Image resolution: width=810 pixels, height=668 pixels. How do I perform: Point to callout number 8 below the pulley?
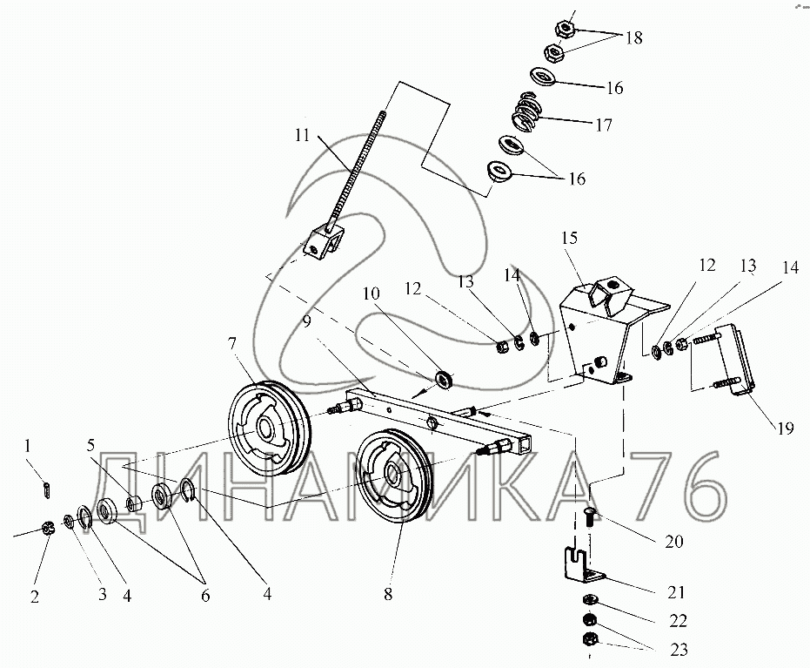(x=388, y=596)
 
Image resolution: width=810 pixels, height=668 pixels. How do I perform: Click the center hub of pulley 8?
(x=392, y=476)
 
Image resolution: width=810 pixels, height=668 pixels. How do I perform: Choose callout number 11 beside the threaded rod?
(x=302, y=136)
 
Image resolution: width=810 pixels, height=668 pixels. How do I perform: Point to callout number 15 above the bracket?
(x=569, y=237)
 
